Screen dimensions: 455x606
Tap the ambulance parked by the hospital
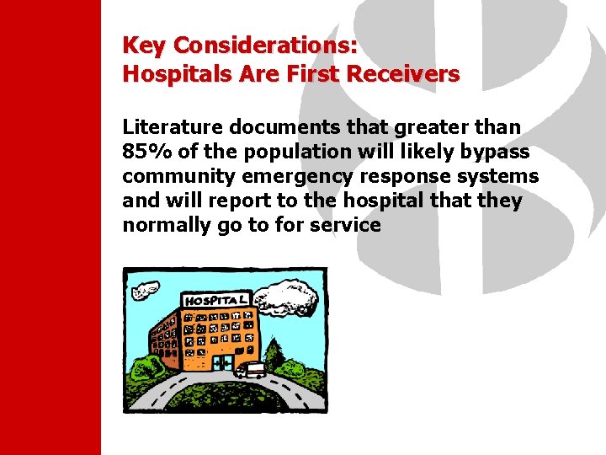pyautogui.click(x=251, y=369)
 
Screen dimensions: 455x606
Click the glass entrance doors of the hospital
pyautogui.click(x=222, y=362)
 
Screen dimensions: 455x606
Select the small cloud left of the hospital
pyautogui.click(x=144, y=292)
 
